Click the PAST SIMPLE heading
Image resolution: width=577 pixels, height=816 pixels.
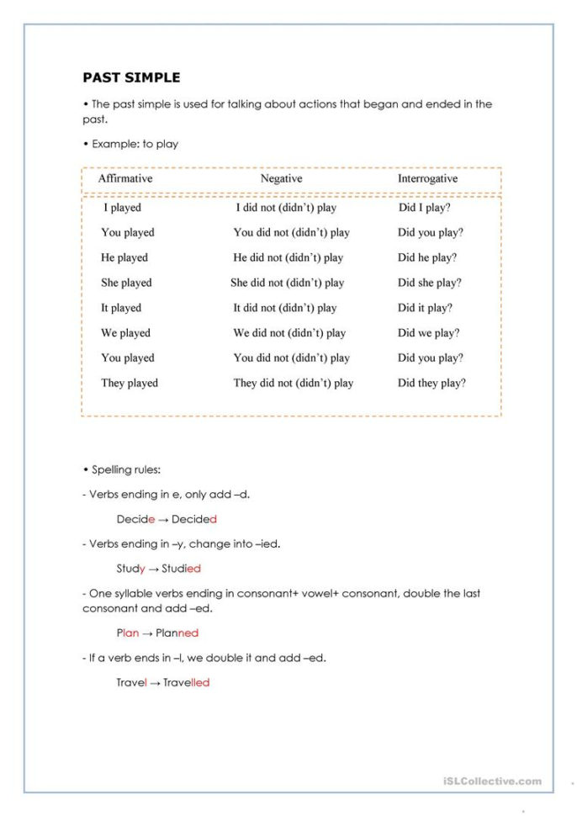pyautogui.click(x=131, y=78)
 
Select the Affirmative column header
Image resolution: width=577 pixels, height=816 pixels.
pyautogui.click(x=125, y=179)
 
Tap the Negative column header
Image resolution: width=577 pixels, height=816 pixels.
pyautogui.click(x=281, y=179)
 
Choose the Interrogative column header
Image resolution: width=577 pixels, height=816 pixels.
pyautogui.click(x=427, y=179)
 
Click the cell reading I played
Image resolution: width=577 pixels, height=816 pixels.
pyautogui.click(x=122, y=207)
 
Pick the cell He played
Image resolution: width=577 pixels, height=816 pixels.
pyautogui.click(x=124, y=257)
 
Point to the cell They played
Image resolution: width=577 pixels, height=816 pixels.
pyautogui.click(x=130, y=383)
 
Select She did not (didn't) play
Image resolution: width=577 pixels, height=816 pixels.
pyautogui.click(x=287, y=283)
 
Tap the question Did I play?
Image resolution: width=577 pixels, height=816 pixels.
pyautogui.click(x=424, y=207)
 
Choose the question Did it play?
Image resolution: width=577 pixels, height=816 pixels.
pyautogui.click(x=425, y=308)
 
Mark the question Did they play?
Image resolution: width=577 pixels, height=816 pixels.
pyautogui.click(x=431, y=383)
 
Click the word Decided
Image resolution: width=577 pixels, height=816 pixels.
pyautogui.click(x=194, y=520)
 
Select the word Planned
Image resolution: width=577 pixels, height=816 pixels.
pyautogui.click(x=177, y=633)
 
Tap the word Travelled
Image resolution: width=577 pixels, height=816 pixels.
pyautogui.click(x=186, y=682)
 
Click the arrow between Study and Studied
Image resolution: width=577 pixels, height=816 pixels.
pyautogui.click(x=151, y=569)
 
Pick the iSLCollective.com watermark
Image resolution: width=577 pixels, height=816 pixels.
pyautogui.click(x=492, y=781)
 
